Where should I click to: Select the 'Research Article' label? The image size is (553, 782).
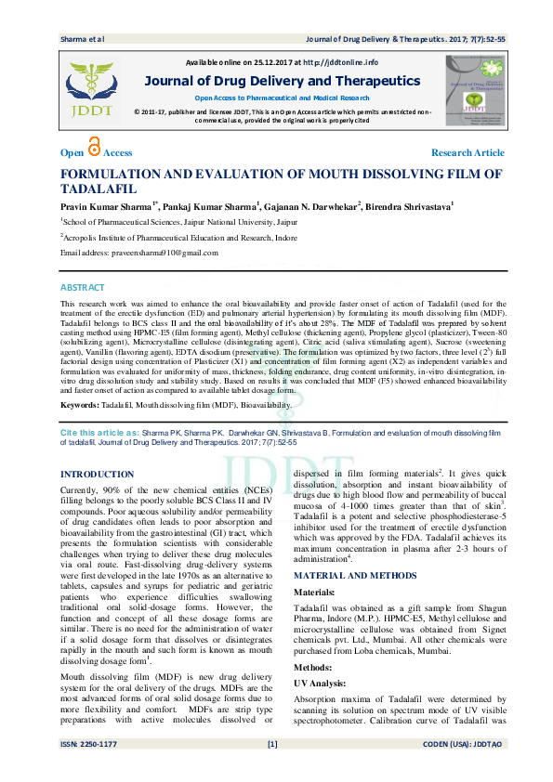tap(467, 152)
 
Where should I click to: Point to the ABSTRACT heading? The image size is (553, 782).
tap(83, 288)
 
